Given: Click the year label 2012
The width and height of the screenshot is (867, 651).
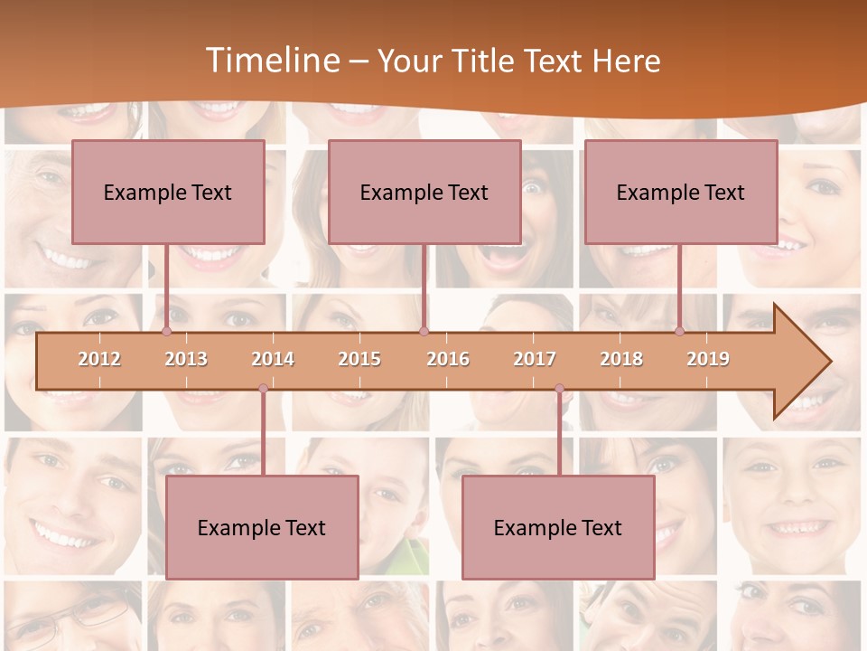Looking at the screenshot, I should point(99,359).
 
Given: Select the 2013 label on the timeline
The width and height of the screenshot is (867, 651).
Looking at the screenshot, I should point(186,359).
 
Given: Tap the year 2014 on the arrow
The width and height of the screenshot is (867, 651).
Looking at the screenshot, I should point(273,359).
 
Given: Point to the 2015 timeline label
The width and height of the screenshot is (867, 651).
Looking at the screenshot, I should point(359,359).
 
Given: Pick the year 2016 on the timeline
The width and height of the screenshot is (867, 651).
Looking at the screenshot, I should point(448,359).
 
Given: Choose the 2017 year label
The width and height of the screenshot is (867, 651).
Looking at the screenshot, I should point(535,359).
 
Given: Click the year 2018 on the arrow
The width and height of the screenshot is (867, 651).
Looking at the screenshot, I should point(621,359).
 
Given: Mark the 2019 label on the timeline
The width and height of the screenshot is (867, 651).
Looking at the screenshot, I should point(708,359).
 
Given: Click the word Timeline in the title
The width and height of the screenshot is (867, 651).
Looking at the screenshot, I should point(270,61).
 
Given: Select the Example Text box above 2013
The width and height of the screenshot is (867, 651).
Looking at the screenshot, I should point(168,192).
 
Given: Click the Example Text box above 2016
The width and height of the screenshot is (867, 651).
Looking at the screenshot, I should point(424,192).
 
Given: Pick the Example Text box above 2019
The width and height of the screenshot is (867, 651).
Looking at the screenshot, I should point(681,192).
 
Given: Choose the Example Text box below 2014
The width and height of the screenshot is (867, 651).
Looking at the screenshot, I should point(262,527).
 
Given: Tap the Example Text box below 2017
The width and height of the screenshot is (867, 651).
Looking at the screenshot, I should point(558,527).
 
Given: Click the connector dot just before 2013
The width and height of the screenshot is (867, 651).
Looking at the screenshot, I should point(166,331).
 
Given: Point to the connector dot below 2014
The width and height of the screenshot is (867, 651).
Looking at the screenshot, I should point(263,389).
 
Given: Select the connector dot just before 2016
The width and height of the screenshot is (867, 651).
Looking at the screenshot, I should point(424,331).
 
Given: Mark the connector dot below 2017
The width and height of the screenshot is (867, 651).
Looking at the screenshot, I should point(559,389).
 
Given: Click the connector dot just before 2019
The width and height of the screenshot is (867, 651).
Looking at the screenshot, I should point(680,331).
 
